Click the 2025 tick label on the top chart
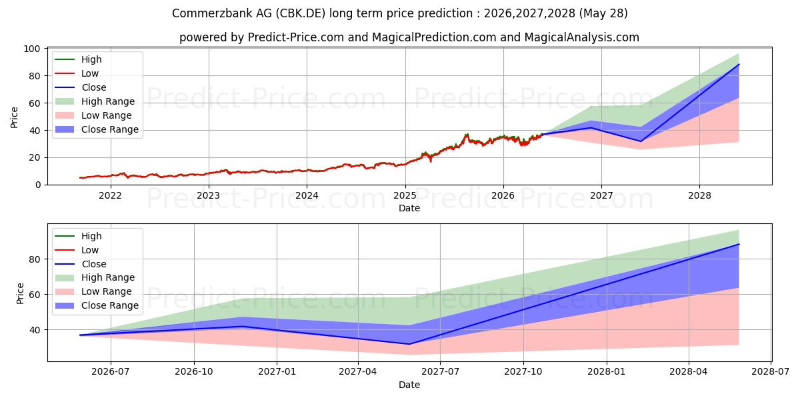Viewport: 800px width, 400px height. [x=405, y=196]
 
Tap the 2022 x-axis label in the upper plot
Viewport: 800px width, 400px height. [x=110, y=196]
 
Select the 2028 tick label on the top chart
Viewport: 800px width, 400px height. [x=699, y=196]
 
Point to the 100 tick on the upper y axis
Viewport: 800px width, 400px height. [x=32, y=49]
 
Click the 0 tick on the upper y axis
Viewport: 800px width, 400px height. [x=38, y=185]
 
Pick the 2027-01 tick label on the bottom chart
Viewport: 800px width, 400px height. [x=277, y=372]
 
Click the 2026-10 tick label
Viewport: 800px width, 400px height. [x=194, y=372]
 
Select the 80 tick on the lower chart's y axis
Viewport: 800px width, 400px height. [x=35, y=259]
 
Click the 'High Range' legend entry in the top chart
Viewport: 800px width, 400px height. [x=108, y=101]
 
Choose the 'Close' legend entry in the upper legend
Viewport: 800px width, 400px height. [x=93, y=87]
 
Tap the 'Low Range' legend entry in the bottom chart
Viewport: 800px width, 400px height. [x=107, y=291]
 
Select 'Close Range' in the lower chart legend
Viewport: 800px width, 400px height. [x=109, y=305]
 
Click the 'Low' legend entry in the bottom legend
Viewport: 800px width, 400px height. [x=89, y=250]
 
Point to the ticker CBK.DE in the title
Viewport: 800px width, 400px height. [x=301, y=13]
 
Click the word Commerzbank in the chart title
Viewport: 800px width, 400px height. [x=211, y=13]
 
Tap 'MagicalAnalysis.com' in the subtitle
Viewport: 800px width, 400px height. [x=582, y=37]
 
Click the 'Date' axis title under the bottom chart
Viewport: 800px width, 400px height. [x=409, y=385]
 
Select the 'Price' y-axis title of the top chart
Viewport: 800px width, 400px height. [x=14, y=117]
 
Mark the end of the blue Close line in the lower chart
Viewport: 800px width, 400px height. [x=739, y=244]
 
